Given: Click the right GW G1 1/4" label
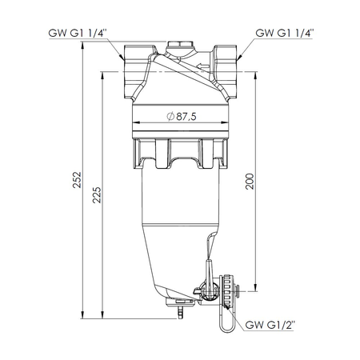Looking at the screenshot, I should click(285, 34).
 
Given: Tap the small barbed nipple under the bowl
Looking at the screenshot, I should click(179, 305).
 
